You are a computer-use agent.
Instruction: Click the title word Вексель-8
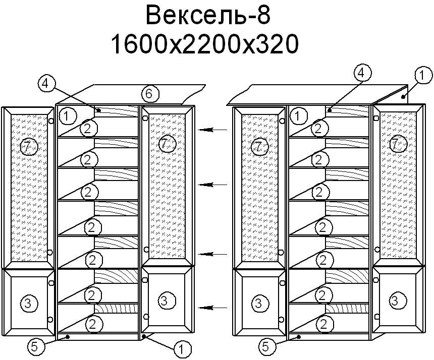[x=208, y=16]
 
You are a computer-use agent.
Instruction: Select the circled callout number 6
[x=150, y=94]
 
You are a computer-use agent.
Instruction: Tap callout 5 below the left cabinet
[x=35, y=347]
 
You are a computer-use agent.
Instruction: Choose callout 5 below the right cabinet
[x=266, y=347]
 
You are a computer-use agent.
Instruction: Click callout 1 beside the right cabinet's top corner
[x=423, y=76]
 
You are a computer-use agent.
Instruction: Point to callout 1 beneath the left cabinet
[x=182, y=349]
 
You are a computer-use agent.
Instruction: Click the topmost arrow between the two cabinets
[x=213, y=130]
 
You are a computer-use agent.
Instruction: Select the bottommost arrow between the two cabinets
[x=213, y=308]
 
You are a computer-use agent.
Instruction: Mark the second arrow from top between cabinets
[x=213, y=185]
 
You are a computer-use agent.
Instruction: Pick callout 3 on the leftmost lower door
[x=29, y=304]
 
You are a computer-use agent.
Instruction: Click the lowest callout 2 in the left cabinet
[x=93, y=324]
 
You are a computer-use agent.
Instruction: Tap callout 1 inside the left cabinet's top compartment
[x=67, y=116]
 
